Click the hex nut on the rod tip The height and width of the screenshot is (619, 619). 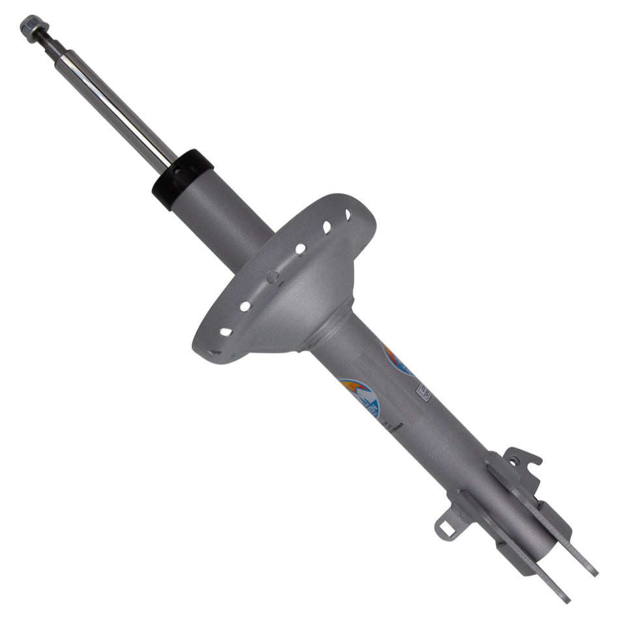coord(31,27)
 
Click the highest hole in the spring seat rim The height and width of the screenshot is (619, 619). coord(347,214)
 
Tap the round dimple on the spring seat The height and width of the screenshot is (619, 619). coord(271,277)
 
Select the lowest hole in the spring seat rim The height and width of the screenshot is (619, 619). coord(214,352)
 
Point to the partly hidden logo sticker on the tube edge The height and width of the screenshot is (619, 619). coord(397,360)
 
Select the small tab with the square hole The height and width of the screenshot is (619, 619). coord(449,526)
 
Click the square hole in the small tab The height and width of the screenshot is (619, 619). coord(447,528)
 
